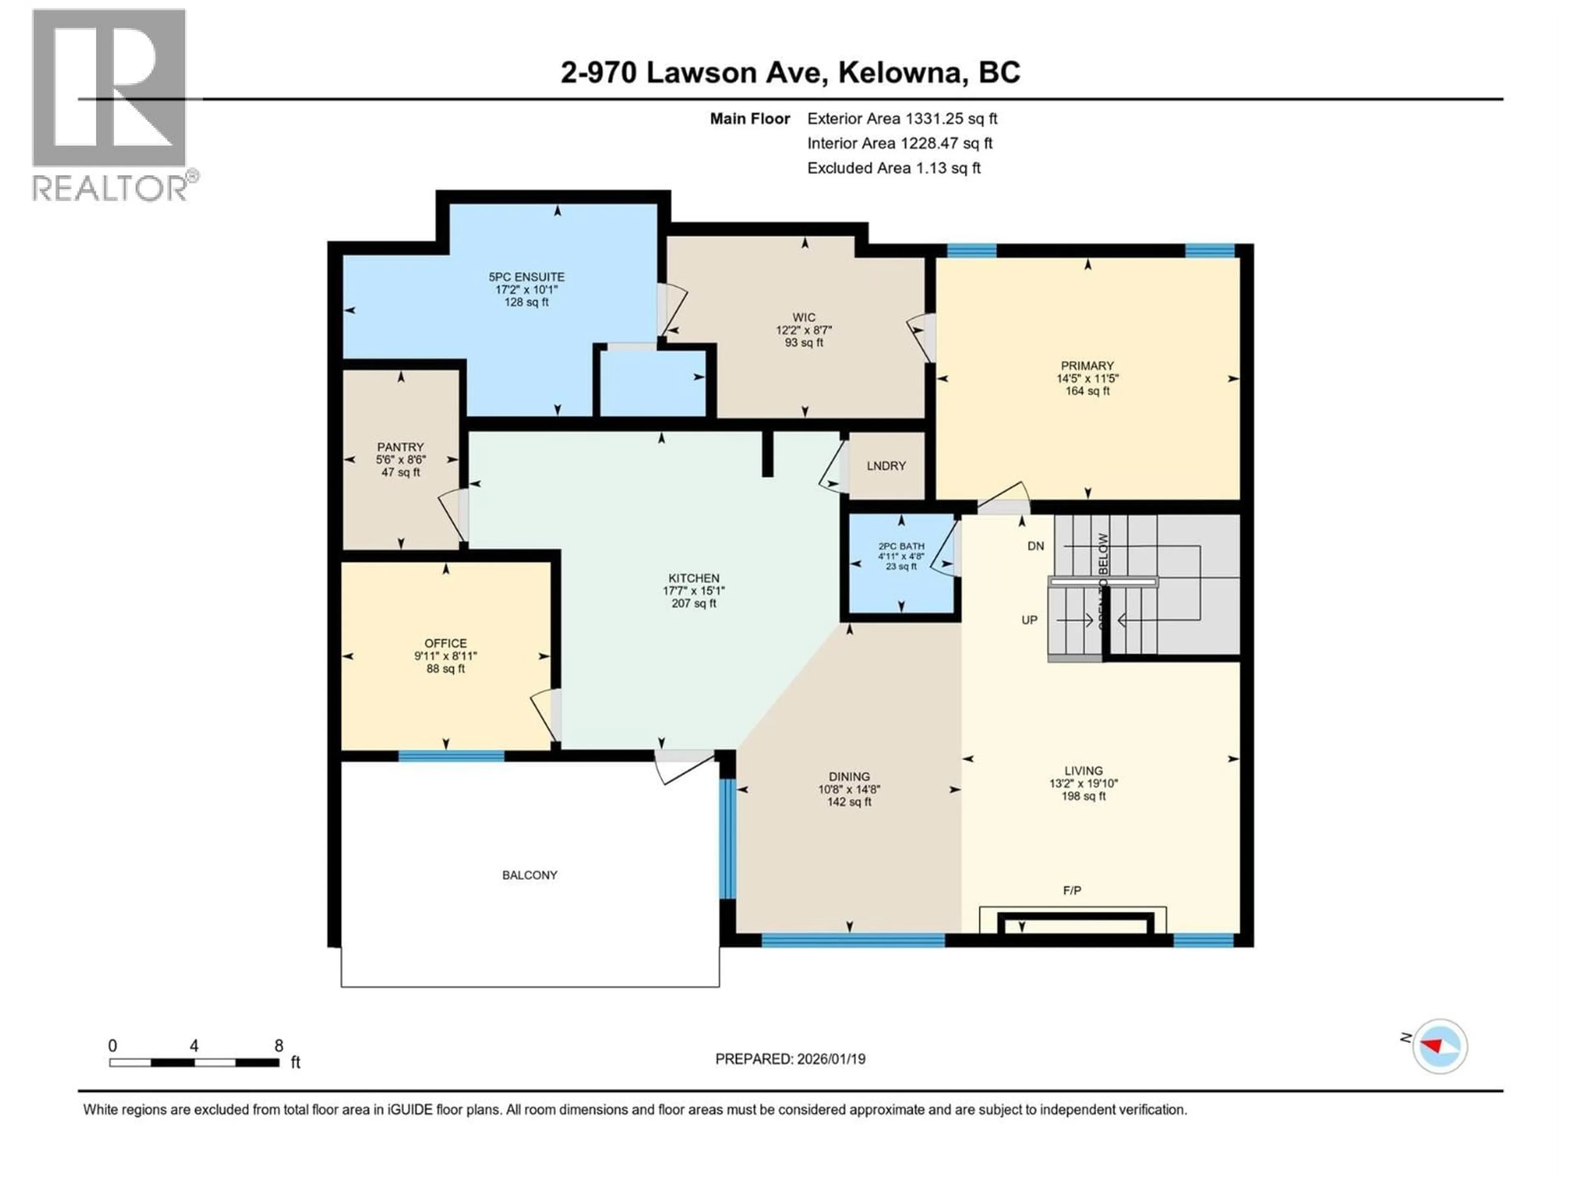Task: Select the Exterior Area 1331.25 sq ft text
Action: pos(902,119)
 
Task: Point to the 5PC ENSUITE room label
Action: pos(527,277)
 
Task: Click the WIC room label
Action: pos(804,317)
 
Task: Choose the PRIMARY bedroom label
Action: pos(1087,366)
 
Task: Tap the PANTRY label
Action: pos(400,447)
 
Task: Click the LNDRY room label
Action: pos(886,466)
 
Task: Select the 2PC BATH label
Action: pos(901,546)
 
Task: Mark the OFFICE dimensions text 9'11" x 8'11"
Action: pos(446,656)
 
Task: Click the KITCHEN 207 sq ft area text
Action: pos(694,603)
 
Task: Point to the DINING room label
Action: pos(849,776)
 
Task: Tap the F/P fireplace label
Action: pos(1072,890)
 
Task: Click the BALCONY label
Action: pos(529,875)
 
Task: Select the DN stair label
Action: pos(1036,546)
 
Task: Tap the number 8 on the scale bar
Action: pos(279,1045)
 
